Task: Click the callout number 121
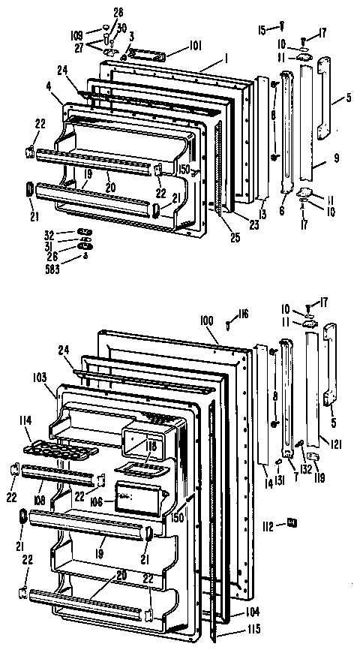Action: click(x=337, y=445)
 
